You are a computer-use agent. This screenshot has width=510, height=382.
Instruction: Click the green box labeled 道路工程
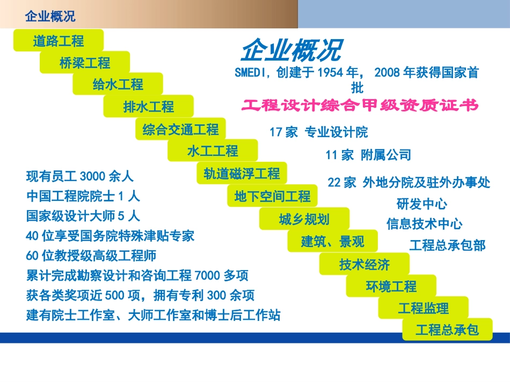[58, 41]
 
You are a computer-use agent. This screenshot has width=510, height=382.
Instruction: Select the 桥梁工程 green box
[85, 63]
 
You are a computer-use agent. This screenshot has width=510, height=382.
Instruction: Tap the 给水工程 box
[118, 84]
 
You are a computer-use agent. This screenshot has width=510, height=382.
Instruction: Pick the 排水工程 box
[149, 107]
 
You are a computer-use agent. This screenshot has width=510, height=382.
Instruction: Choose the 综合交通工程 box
[180, 129]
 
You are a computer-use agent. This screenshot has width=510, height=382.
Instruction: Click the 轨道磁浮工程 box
[242, 174]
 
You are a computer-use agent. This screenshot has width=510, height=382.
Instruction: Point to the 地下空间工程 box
[272, 196]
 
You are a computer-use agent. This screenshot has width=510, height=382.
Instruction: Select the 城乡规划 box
[304, 219]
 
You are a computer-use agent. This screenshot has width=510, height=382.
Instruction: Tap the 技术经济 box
[364, 264]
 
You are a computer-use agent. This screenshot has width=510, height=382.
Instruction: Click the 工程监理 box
[423, 308]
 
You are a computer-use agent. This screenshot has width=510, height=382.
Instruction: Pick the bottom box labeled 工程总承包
[447, 329]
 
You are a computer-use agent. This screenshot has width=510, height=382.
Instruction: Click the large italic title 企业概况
[290, 51]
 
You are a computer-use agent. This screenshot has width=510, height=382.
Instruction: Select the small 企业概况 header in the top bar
[50, 17]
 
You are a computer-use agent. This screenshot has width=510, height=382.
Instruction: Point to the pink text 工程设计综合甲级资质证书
[360, 106]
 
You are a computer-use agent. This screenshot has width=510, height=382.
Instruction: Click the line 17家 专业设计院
[318, 132]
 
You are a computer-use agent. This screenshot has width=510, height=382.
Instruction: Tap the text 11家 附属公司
[368, 155]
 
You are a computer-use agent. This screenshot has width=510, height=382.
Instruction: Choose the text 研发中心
[421, 204]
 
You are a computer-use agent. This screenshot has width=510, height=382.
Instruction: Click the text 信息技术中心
[424, 223]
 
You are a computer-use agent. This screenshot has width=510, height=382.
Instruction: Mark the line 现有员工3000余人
[79, 176]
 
